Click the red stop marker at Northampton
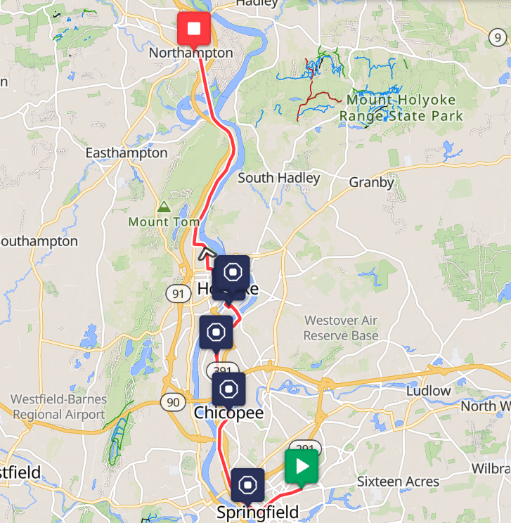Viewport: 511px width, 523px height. click(194, 30)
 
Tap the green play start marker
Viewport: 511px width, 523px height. click(302, 467)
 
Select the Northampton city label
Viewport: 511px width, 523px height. click(190, 53)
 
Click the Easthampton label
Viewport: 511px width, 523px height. click(127, 153)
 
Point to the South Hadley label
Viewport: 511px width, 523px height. click(278, 178)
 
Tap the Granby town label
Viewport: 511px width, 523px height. click(372, 183)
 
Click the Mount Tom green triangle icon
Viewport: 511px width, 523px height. click(164, 207)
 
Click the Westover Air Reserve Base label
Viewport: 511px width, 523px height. click(341, 328)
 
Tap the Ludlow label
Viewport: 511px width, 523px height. click(429, 390)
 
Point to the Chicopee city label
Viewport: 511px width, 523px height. click(228, 413)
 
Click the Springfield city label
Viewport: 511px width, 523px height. click(257, 512)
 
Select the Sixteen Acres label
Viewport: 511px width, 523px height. click(398, 482)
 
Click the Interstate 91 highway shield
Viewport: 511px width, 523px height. click(180, 293)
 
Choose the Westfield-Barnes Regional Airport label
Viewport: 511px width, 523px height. click(59, 407)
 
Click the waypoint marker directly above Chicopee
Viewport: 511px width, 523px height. click(228, 389)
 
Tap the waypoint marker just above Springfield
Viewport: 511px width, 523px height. click(247, 485)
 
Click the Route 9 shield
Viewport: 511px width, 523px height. click(498, 37)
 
